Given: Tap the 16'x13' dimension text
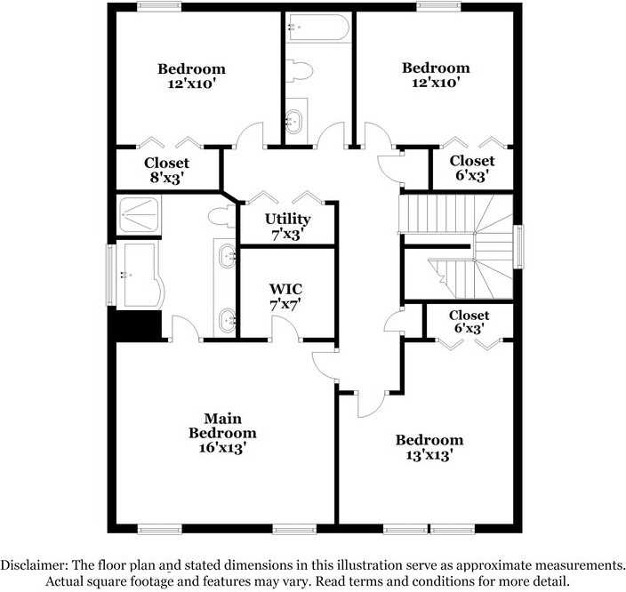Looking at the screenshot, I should coord(222,448).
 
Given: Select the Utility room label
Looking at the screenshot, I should coord(288,219).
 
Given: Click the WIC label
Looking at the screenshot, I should coord(286,289).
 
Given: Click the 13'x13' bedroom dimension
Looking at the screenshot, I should coord(429,455).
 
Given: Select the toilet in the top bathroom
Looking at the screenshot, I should coord(301,71).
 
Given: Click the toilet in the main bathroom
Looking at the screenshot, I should coord(221,216).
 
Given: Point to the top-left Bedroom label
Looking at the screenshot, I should coord(191,68).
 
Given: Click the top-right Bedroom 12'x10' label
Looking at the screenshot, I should coord(436,75).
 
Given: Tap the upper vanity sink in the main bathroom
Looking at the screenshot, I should coord(227,257).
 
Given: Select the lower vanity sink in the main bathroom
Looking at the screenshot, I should coord(227,316).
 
